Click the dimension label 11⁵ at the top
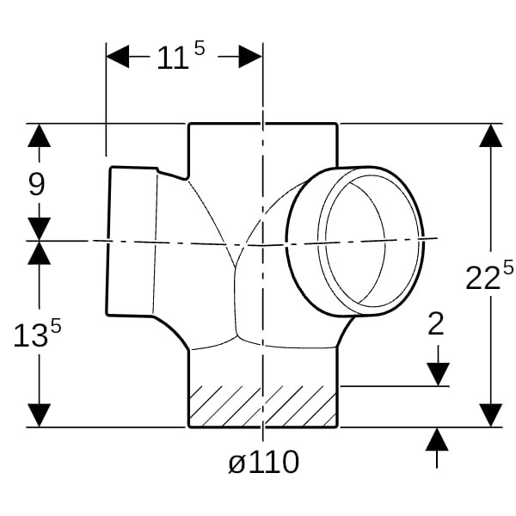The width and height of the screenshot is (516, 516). [181, 56]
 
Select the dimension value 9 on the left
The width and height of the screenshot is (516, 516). [36, 184]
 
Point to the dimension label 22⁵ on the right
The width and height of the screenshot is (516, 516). [489, 275]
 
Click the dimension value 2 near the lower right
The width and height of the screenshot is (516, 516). [436, 324]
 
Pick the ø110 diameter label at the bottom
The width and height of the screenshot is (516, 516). [264, 462]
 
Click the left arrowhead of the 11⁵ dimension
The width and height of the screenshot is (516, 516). [118, 57]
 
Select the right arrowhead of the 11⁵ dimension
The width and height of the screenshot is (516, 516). [250, 57]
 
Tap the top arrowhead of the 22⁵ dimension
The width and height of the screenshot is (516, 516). [491, 136]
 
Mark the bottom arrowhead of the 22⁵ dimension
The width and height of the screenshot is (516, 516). [491, 415]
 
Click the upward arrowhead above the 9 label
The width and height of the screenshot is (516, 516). [40, 136]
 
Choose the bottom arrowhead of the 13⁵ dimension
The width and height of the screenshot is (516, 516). [40, 415]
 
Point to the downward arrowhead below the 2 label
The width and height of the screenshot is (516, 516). [438, 374]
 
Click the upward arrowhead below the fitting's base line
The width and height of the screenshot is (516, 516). [437, 439]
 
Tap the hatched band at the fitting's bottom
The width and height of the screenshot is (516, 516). [263, 407]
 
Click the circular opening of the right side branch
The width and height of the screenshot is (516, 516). [354, 242]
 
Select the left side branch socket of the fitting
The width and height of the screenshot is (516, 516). [132, 242]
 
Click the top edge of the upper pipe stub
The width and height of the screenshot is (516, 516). [263, 124]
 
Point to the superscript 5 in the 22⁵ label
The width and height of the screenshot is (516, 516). [508, 267]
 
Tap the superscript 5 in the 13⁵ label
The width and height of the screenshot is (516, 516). [56, 327]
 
